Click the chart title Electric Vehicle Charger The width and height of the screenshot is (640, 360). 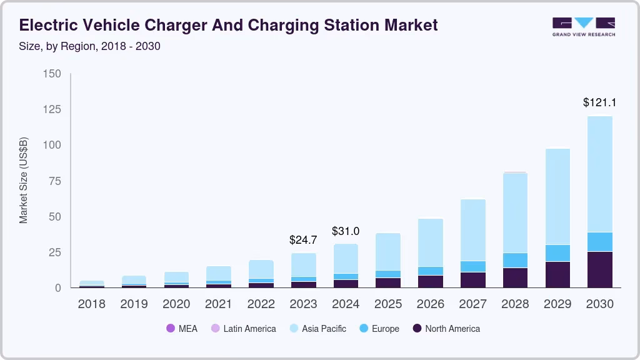click(229, 25)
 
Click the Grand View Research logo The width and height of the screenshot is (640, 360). click(583, 27)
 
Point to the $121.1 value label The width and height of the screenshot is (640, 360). click(600, 102)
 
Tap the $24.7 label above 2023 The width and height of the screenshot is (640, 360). click(303, 239)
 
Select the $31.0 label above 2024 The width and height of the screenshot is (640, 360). click(346, 231)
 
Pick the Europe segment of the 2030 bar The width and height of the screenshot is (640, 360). click(599, 242)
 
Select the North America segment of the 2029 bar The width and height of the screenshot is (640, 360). click(557, 274)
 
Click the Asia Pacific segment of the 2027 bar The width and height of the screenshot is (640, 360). click(473, 230)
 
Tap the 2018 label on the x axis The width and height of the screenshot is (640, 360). click(91, 304)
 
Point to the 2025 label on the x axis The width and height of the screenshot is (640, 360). click(387, 304)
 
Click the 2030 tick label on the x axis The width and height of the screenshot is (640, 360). click(599, 304)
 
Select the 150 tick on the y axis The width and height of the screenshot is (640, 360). click(52, 74)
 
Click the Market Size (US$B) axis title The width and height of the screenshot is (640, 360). click(24, 179)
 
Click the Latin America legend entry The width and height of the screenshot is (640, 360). click(243, 328)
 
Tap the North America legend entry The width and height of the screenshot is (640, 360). click(446, 328)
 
